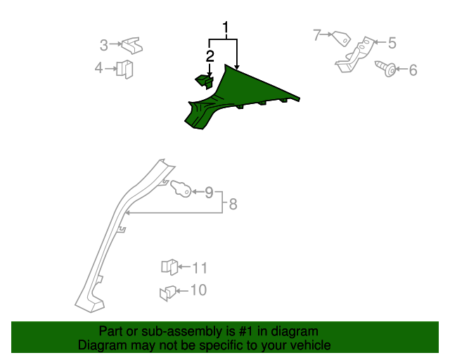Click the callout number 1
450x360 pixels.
tap(226, 28)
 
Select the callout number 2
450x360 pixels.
tap(210, 56)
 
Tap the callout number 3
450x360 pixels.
tap(103, 45)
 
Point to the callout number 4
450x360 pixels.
tap(98, 68)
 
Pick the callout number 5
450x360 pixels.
tap(392, 43)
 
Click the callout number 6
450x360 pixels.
tap(413, 70)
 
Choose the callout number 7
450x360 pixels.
tap(317, 34)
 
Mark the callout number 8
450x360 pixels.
tap(233, 204)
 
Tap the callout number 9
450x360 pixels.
tap(210, 193)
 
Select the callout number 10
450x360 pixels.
tap(198, 290)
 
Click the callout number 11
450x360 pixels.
tap(200, 268)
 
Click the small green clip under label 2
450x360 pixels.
tap(205, 82)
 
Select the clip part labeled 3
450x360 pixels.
tap(131, 46)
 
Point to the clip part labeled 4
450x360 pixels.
tap(124, 70)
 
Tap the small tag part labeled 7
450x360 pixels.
tap(341, 39)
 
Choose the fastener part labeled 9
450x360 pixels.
tap(181, 189)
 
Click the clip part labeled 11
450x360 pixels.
tap(169, 267)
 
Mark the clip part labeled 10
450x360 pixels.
tap(168, 293)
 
